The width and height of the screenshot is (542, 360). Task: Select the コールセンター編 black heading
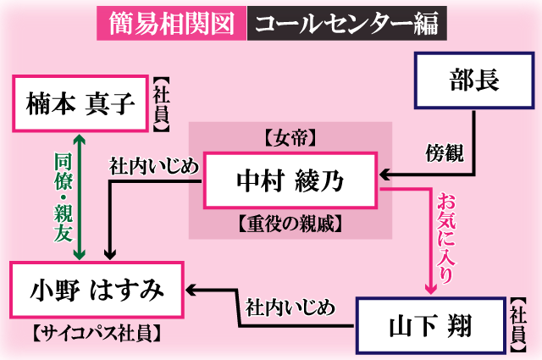point(346,21)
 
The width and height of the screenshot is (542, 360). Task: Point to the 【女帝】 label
point(290,136)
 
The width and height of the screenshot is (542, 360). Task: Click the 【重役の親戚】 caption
point(290,224)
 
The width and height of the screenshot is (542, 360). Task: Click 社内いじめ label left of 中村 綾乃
point(154,164)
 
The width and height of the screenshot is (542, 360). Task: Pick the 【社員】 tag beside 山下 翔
point(518,325)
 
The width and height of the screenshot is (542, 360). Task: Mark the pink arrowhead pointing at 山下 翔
point(430,288)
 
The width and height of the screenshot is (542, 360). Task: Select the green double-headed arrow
point(79,197)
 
